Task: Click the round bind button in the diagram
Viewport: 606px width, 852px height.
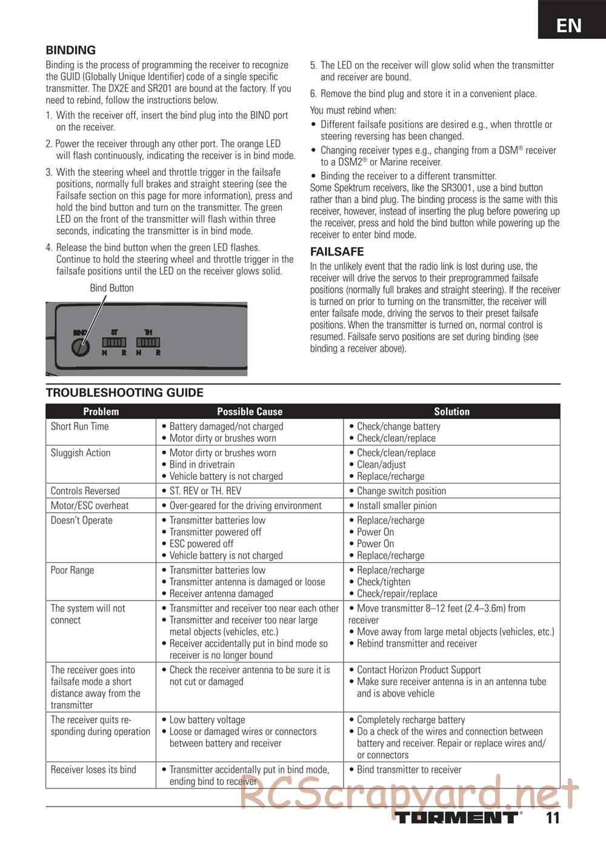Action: [81, 347]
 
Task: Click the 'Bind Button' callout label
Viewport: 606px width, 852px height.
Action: [112, 288]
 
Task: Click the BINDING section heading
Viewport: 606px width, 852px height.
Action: [71, 50]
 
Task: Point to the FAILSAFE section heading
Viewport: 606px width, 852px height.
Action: [337, 251]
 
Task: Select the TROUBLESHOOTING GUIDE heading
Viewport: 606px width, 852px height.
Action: [125, 393]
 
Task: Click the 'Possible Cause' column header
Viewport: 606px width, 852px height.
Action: [250, 411]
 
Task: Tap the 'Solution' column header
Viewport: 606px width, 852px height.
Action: [451, 411]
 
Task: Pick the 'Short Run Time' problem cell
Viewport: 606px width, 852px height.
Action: [79, 427]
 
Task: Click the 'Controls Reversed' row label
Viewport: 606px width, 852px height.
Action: [85, 491]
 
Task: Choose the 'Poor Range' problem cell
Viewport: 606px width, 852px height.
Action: [72, 570]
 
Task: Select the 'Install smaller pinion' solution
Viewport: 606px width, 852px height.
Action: [396, 505]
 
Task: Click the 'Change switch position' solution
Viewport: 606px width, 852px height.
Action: [401, 491]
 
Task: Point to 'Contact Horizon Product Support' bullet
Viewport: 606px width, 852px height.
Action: [418, 670]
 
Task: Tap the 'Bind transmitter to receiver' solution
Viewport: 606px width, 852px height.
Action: [409, 770]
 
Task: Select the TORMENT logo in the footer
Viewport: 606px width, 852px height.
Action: [458, 817]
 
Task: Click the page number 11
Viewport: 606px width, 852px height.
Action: [552, 818]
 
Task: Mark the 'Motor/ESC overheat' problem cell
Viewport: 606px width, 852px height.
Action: [90, 505]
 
